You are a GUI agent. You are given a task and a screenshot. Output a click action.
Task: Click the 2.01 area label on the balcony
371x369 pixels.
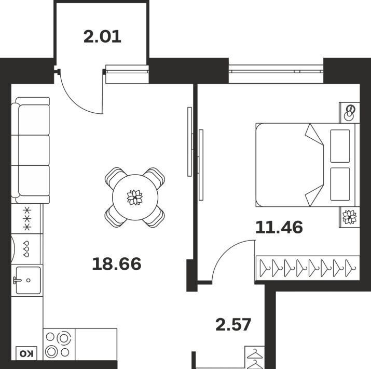coord(102,37)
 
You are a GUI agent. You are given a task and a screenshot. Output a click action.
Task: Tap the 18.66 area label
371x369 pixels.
coord(117,264)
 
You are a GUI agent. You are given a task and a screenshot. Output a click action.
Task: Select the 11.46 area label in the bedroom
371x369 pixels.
coord(279,227)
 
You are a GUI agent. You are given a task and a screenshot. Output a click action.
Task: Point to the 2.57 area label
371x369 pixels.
coord(233,325)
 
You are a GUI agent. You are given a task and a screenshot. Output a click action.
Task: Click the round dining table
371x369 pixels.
coord(135,197)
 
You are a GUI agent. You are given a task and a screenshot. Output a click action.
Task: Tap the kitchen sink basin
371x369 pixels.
coord(29,280)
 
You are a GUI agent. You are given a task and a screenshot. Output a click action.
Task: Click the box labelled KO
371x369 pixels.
coord(26,354)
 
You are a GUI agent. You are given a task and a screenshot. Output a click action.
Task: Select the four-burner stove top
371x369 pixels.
coord(59,344)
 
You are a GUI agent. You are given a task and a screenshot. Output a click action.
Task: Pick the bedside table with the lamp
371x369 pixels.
coord(350,113)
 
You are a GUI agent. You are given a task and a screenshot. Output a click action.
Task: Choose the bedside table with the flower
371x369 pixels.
coord(350,217)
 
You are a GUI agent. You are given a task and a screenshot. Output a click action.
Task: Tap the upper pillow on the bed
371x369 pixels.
coord(340,146)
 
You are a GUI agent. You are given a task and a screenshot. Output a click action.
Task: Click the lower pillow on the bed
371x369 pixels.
coord(340,184)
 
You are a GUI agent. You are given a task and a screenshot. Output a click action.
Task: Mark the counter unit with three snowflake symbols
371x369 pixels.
coord(27,219)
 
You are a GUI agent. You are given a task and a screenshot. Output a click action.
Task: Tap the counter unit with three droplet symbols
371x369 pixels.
coord(27,249)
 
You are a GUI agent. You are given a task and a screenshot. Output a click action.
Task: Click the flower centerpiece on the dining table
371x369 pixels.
coord(135,197)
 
